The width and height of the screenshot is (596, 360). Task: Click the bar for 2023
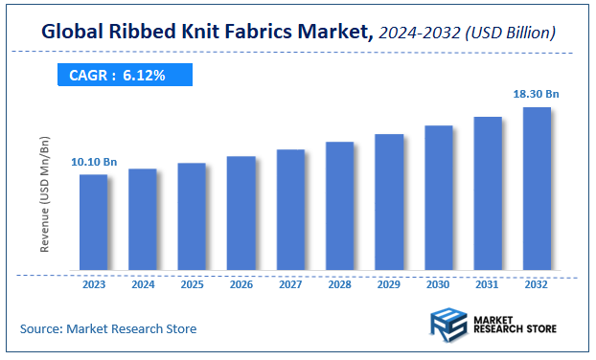93,222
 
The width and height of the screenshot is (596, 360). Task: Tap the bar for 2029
389,202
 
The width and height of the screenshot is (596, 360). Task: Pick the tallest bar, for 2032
537,189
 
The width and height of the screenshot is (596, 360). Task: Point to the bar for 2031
488,193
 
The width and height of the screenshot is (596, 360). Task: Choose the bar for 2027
290,210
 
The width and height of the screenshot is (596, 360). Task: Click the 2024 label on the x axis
143,284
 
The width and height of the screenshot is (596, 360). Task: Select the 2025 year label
192,284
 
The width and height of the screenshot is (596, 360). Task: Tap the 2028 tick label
339,284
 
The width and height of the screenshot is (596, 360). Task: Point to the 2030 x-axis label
438,284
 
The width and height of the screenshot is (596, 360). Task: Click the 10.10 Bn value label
94,161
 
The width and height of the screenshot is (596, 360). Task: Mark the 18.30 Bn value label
537,94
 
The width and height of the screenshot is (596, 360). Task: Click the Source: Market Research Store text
108,328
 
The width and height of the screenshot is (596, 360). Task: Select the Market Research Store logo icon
448,326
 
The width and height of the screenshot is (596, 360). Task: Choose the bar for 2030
438,198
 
